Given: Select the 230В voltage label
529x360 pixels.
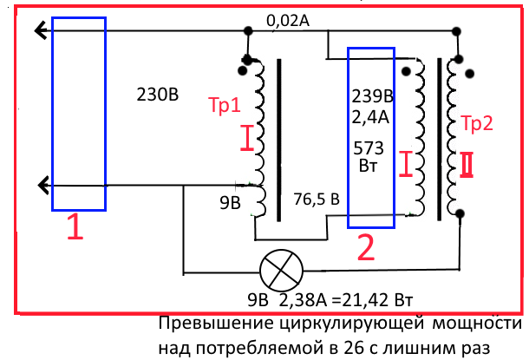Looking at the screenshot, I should tap(158, 94).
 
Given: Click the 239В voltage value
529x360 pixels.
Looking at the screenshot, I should tap(370, 95).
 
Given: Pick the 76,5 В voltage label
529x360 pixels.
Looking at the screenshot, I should tap(316, 199).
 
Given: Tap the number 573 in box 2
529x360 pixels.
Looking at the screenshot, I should tap(370, 147).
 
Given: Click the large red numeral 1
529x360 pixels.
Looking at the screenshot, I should tap(76, 228).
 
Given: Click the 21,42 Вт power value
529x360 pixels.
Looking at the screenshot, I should tap(378, 301).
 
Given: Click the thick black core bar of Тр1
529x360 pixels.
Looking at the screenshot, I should tap(279, 139).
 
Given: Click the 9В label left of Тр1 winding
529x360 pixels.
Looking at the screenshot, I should tap(229, 206).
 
